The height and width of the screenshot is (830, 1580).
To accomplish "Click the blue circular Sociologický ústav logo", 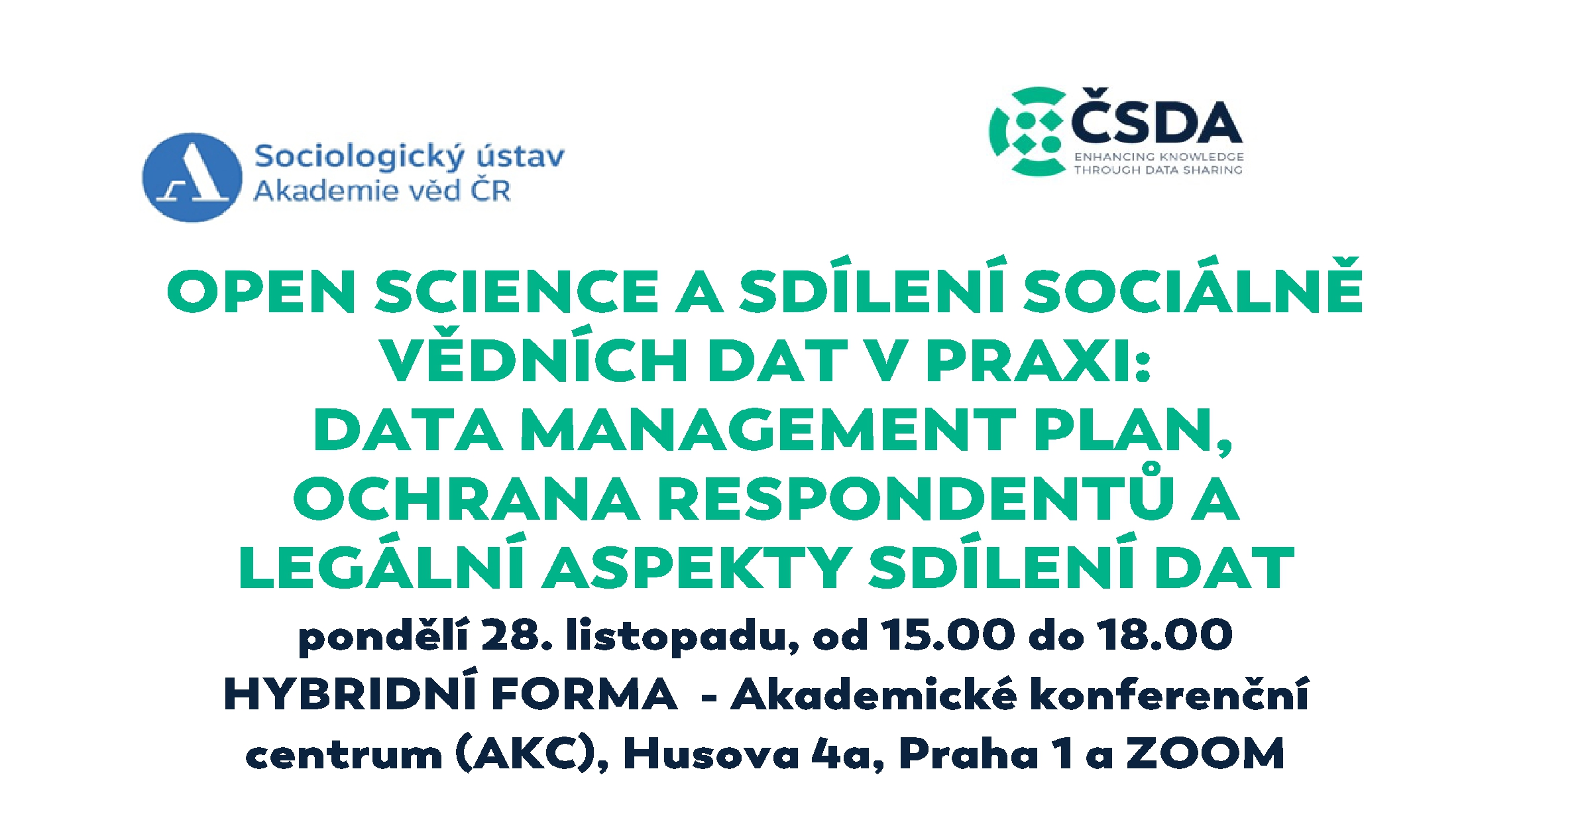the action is click(192, 177).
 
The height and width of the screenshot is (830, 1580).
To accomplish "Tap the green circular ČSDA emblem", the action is click(1028, 131).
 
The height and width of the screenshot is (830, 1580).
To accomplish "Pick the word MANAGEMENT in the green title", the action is click(768, 430).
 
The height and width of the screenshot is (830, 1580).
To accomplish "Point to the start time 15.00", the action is click(947, 635).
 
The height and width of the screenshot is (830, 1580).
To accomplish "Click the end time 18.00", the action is click(1164, 635).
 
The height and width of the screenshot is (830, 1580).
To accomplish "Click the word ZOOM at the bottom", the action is click(1206, 754).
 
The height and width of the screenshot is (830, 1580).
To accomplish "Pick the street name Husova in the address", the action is click(711, 754).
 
